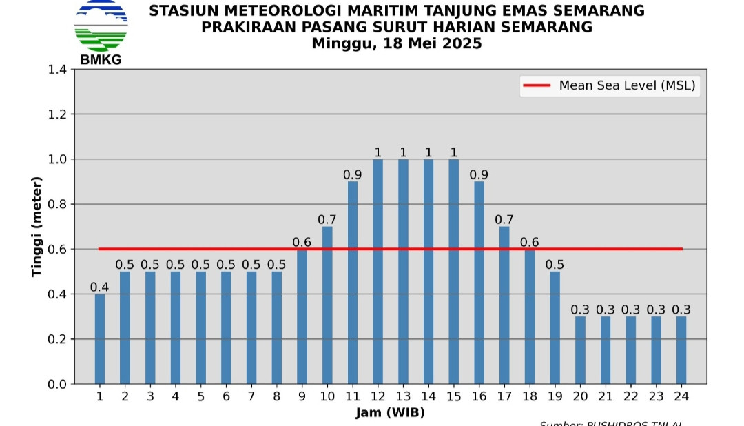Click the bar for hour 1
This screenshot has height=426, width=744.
[x=100, y=338]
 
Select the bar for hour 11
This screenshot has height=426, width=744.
[x=353, y=283]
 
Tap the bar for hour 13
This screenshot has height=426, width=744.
[x=403, y=271]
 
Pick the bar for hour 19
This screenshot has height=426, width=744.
[x=555, y=327]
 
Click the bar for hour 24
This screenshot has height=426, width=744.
[x=681, y=350]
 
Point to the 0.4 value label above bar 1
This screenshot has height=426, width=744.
[x=100, y=287]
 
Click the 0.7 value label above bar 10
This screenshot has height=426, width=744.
[x=327, y=219]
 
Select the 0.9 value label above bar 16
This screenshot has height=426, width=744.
[x=479, y=174]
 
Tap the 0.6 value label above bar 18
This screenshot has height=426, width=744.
[x=529, y=242]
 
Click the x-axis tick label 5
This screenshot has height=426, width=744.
[x=200, y=396]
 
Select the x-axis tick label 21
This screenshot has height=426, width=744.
[x=606, y=396]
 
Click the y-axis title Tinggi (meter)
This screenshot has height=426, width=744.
[x=37, y=227]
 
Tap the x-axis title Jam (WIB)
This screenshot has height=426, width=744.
[x=390, y=413]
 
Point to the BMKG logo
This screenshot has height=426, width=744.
[x=101, y=31]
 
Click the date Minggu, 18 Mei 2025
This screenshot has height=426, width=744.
[x=396, y=43]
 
